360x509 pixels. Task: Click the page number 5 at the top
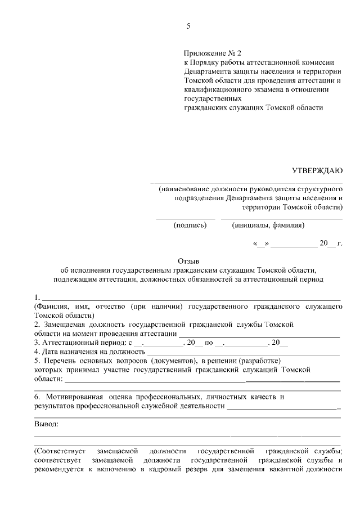pyautogui.click(x=188, y=26)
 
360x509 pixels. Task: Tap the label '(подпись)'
pyautogui.click(x=190, y=225)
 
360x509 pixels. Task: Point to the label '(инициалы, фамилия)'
pyautogui.click(x=268, y=225)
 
